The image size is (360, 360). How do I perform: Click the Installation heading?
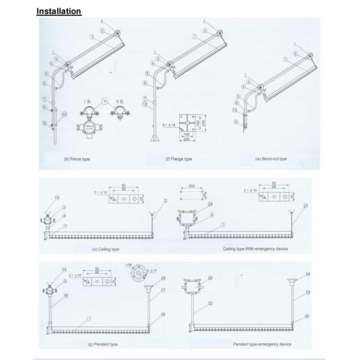point(59,11)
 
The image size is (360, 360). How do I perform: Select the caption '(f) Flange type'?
point(179,159)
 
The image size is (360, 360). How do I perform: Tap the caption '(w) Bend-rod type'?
point(271,159)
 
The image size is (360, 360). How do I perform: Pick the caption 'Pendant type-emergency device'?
point(262,344)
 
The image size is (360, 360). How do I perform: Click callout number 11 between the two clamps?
point(106,102)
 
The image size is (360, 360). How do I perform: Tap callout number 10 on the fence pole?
point(65,113)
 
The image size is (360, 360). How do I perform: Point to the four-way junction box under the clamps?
point(87,130)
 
